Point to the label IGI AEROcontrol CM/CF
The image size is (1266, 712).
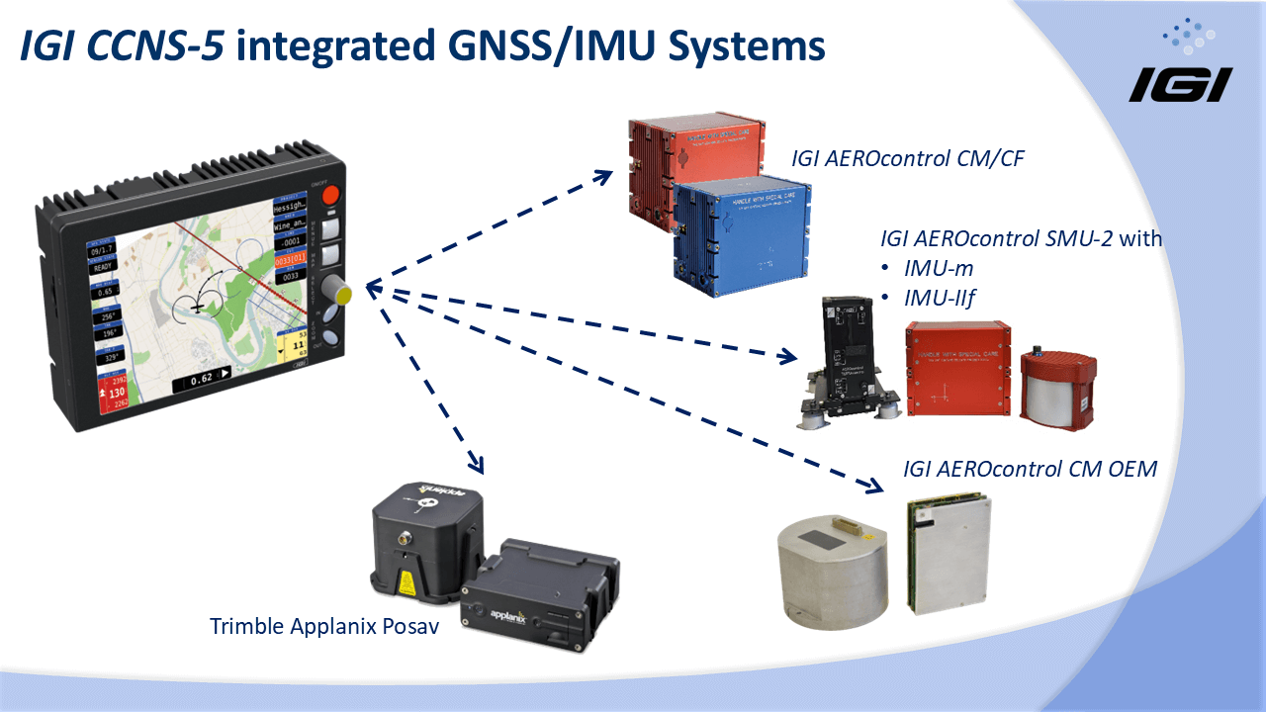[906, 157]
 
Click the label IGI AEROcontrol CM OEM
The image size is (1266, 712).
[1030, 468]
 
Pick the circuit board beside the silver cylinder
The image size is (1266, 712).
[947, 554]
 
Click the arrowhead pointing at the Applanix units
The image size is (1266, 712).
[476, 465]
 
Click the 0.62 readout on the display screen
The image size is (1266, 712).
[204, 377]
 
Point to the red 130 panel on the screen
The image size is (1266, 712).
[118, 393]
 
